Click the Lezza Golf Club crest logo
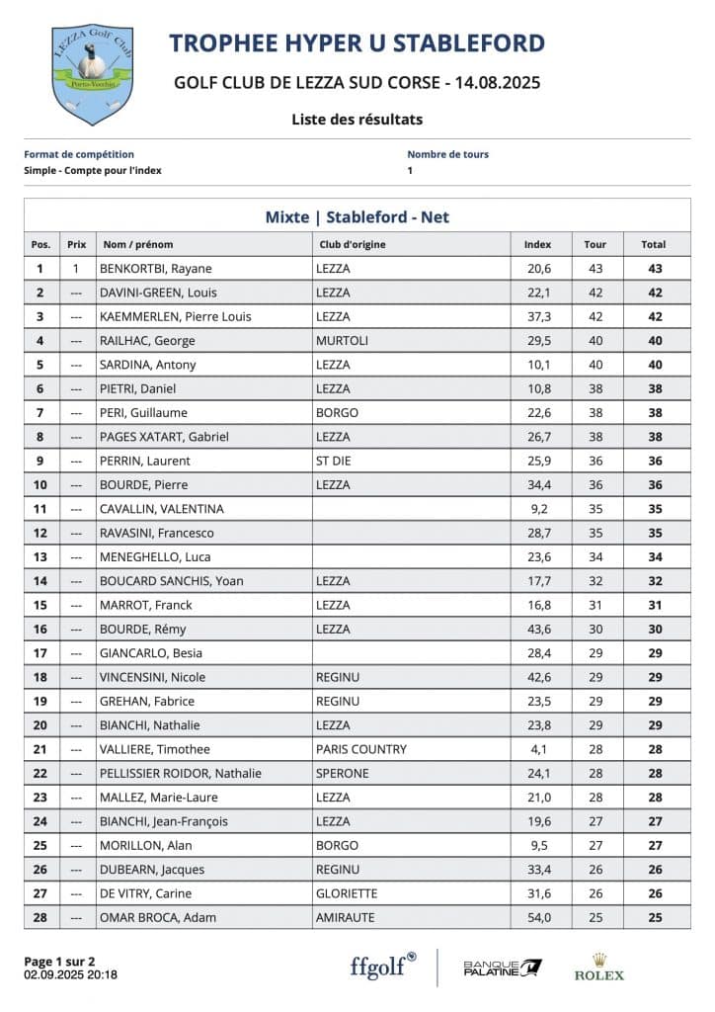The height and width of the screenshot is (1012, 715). coord(92,75)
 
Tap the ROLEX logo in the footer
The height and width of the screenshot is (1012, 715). coord(598,967)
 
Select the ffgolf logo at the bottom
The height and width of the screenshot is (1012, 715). coord(383,966)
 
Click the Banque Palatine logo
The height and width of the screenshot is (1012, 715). coord(503,967)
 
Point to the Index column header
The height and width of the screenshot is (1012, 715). coord(537,244)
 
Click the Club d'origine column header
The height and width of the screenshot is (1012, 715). coord(352,244)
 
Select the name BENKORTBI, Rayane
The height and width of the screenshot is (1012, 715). coord(155,269)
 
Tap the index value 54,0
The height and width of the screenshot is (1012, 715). coord(537,918)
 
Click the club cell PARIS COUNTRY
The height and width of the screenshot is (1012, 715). coord(360,749)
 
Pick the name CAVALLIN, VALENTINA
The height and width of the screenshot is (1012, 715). coord(161,509)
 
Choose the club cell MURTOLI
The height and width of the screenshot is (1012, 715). coord(342,341)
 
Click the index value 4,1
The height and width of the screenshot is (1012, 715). coord(538,749)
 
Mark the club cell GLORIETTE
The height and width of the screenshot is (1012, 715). coord(346,893)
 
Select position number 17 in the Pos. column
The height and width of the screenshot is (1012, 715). coord(40,653)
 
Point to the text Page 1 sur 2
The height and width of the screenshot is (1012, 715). coord(59,961)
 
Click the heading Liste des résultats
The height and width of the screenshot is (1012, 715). coord(357,120)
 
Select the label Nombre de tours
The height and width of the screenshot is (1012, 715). coord(447,154)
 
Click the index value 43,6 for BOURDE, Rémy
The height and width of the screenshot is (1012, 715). coord(537,630)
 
